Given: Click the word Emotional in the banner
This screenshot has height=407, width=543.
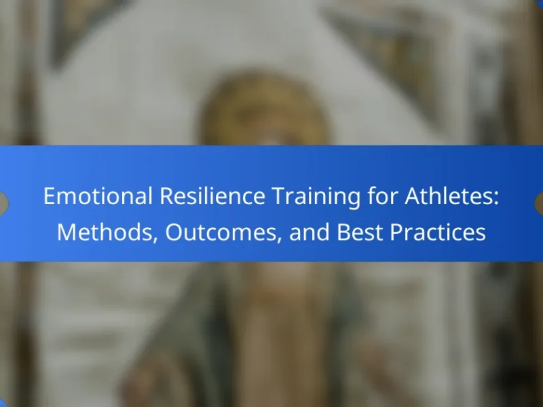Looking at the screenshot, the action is click(98, 196).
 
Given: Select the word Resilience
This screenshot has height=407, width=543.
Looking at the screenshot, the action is click(212, 196).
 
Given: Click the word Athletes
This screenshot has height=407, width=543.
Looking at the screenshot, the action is click(448, 196).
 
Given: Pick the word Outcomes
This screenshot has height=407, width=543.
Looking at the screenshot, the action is click(221, 233).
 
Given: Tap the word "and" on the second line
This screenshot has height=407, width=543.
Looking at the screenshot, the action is click(310, 232).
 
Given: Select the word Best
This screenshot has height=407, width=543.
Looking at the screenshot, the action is click(360, 232).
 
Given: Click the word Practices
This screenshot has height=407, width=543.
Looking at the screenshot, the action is click(438, 232).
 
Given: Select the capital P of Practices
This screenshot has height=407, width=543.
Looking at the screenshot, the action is click(396, 232).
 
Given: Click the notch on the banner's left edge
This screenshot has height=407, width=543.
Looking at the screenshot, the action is click(3, 203).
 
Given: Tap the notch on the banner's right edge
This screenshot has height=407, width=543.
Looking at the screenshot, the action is click(539, 203).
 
